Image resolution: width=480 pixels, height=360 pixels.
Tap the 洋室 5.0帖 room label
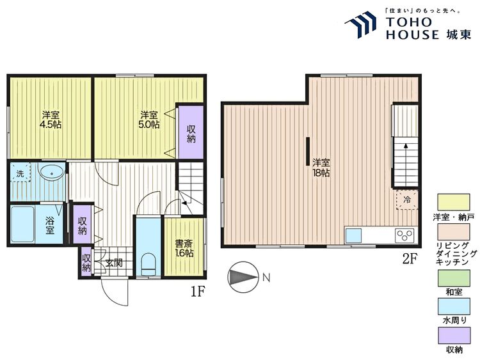pos(150,120)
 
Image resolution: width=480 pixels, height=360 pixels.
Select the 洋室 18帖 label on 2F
pos(321,167)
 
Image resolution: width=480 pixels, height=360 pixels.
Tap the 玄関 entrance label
pos(114,262)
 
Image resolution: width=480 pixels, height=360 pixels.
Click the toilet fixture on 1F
pos(148,262)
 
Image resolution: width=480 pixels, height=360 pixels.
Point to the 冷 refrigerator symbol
pos(406,200)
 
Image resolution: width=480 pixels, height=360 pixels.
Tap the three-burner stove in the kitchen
pos(404,235)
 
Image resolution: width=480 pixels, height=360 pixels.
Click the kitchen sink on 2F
pos(354,235)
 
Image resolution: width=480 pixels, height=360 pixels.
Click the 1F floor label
pos(196,292)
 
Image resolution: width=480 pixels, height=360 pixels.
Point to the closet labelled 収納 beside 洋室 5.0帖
pos(191,133)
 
